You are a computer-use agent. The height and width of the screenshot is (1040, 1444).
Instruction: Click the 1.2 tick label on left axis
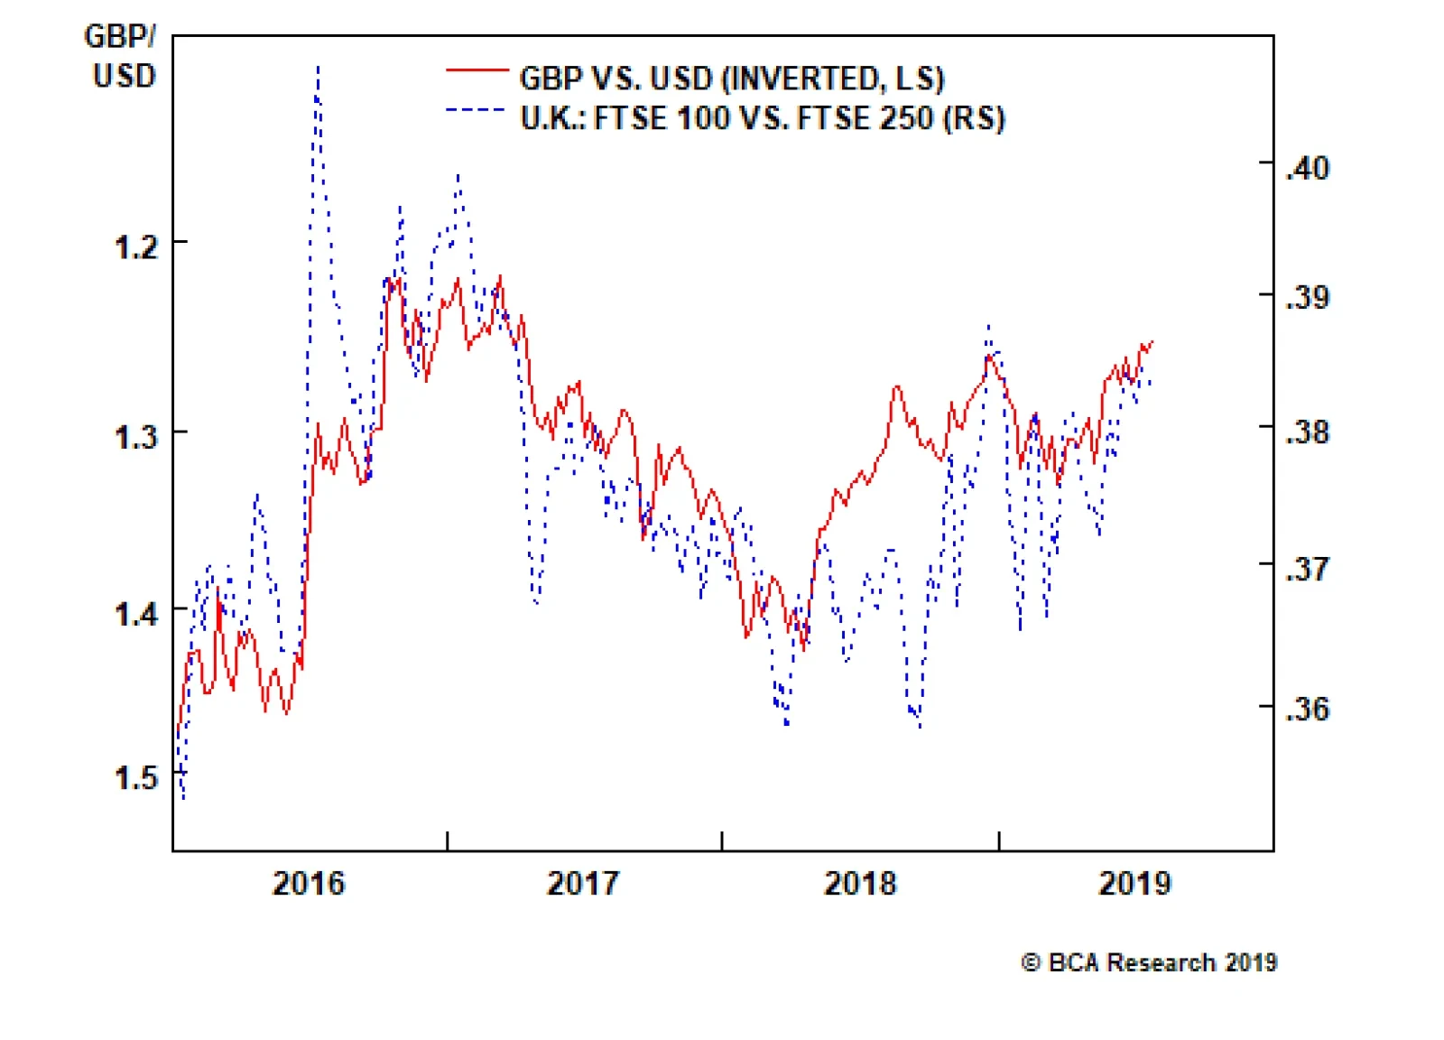pyautogui.click(x=136, y=246)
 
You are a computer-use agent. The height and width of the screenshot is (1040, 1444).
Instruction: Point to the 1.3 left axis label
pyautogui.click(x=136, y=436)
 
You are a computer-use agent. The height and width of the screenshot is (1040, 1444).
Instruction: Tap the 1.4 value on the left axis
pyautogui.click(x=136, y=614)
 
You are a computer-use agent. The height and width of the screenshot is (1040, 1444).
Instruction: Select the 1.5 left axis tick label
pyautogui.click(x=136, y=777)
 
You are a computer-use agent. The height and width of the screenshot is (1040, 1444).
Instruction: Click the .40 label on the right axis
pyautogui.click(x=1308, y=168)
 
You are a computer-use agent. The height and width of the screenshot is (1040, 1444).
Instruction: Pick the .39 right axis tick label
pyautogui.click(x=1308, y=297)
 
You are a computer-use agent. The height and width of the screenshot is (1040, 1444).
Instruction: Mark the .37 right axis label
pyautogui.click(x=1308, y=570)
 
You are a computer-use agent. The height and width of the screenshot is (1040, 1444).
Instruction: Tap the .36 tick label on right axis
pyautogui.click(x=1308, y=709)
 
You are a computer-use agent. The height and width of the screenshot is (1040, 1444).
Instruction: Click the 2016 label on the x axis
pyautogui.click(x=309, y=882)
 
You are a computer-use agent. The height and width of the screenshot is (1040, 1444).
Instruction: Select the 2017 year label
pyautogui.click(x=584, y=882)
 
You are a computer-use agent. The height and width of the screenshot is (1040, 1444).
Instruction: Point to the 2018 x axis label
pyautogui.click(x=860, y=882)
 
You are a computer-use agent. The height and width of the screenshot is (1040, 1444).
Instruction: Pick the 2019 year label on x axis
pyautogui.click(x=1134, y=882)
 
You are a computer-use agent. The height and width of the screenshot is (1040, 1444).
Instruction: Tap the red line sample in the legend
pyautogui.click(x=477, y=70)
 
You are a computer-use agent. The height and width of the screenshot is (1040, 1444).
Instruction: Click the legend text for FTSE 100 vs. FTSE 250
pyautogui.click(x=763, y=118)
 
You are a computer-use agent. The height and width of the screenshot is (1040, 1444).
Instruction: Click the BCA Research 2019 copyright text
pyautogui.click(x=1149, y=962)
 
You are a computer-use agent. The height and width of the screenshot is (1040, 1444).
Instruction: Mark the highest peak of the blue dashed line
pyautogui.click(x=318, y=66)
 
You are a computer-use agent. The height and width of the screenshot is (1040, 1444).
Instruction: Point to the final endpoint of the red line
pyautogui.click(x=1153, y=341)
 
